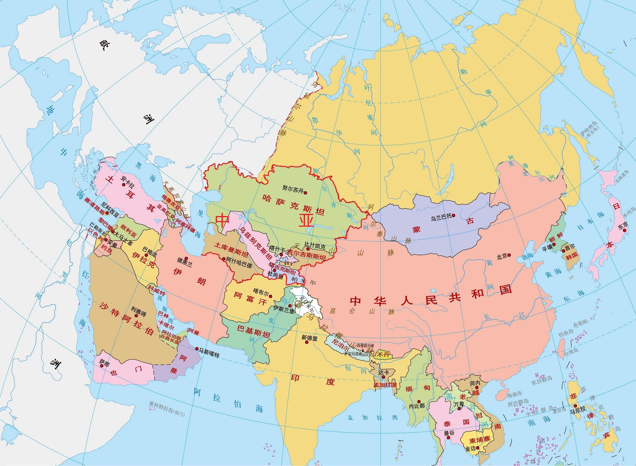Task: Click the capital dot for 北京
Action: click(509, 255)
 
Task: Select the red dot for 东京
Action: click(625, 230)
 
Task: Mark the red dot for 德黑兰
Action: click(187, 258)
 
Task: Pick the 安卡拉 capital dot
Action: click(123, 184)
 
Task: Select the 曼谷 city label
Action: click(449, 433)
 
